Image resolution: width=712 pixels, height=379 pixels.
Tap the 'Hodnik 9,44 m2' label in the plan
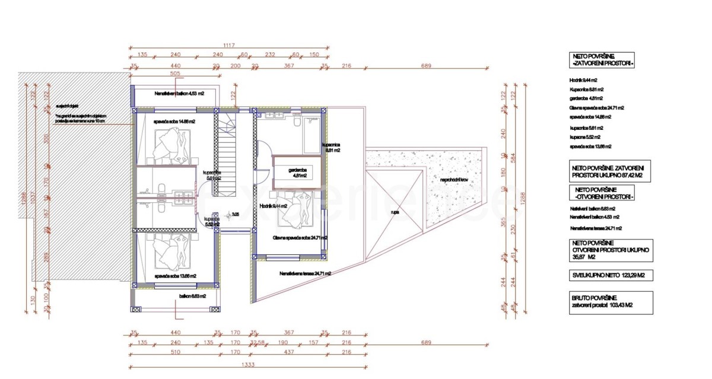coord(274,206)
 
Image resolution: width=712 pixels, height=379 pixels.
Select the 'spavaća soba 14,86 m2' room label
coord(174,121)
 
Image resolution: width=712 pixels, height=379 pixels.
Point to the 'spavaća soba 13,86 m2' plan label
coord(174,276)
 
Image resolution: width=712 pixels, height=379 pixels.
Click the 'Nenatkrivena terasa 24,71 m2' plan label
coord(304,273)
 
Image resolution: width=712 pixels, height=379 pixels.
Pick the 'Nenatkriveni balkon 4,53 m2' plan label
coord(179,93)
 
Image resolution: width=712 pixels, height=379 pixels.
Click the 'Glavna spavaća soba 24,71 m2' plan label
coord(300,237)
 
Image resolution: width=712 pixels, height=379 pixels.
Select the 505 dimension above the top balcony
coord(174,75)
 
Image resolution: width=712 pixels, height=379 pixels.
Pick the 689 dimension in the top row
coord(426,65)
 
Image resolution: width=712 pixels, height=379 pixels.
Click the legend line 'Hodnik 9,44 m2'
coord(583,79)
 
